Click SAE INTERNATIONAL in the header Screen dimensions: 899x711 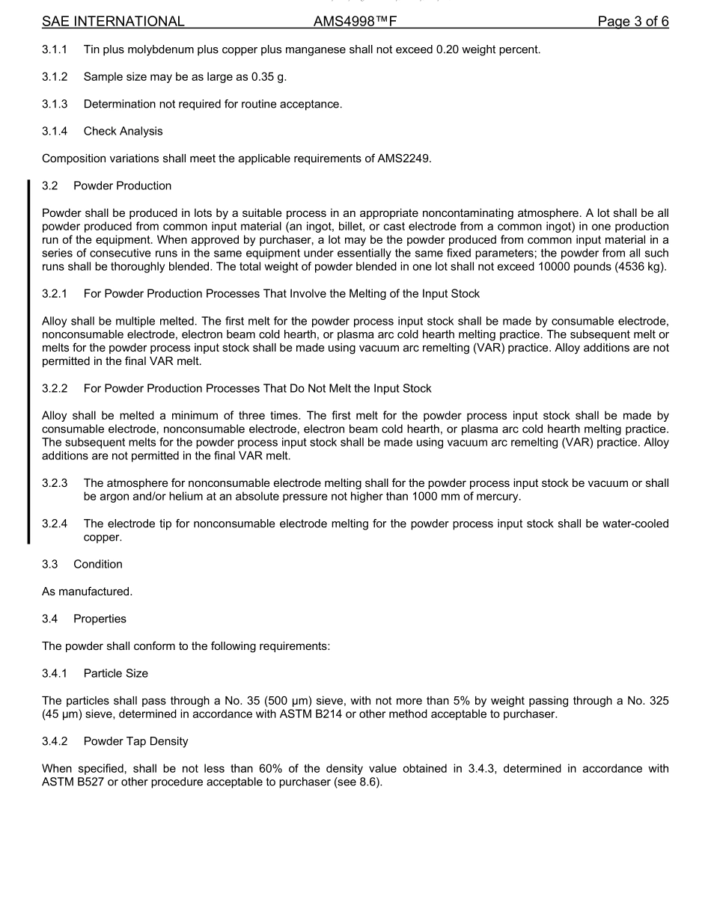[x=113, y=22]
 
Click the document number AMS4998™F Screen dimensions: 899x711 [x=355, y=22]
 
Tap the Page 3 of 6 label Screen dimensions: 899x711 [x=632, y=22]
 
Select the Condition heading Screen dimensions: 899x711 [x=97, y=565]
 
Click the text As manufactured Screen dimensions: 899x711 [x=87, y=592]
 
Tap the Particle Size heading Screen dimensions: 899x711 [x=116, y=674]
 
